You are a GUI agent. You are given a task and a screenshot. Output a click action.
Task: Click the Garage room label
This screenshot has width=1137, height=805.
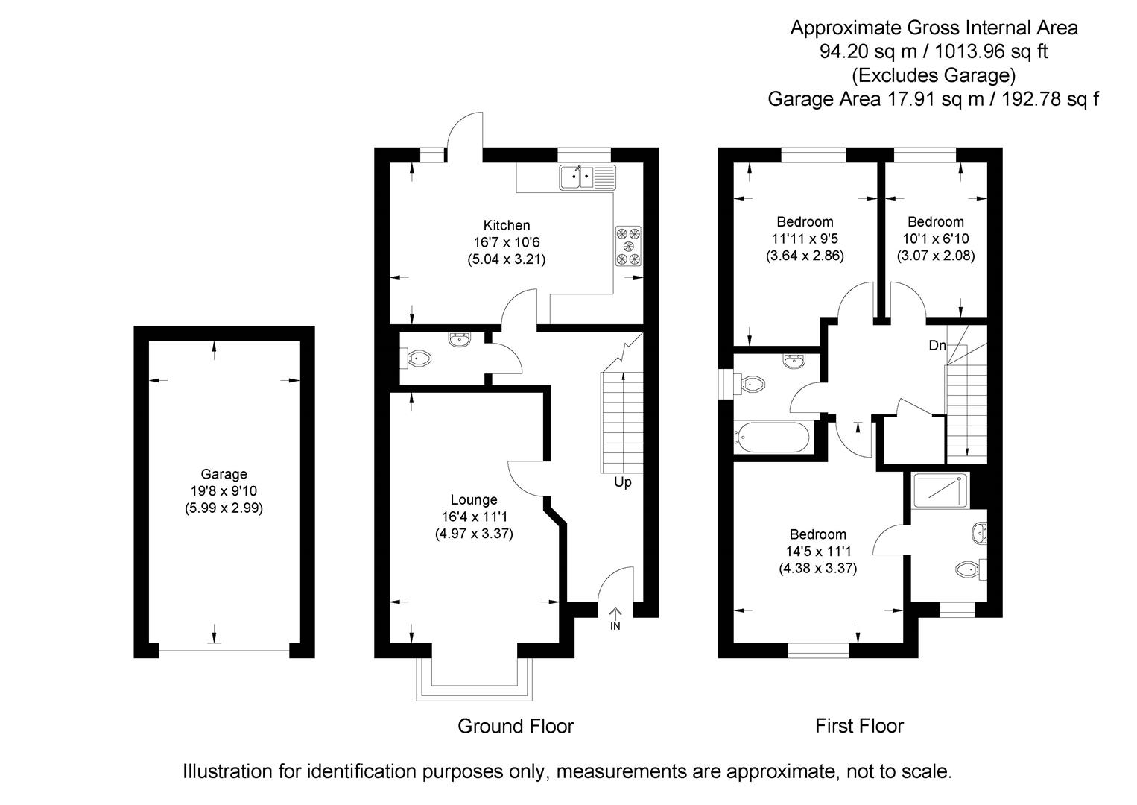tap(224, 474)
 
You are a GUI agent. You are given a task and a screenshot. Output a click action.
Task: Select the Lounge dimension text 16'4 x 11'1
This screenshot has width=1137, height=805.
tap(473, 517)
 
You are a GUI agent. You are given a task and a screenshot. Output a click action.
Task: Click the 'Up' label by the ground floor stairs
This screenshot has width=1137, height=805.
tap(622, 482)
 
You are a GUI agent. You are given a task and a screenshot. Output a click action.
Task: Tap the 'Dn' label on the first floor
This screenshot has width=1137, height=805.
tap(937, 346)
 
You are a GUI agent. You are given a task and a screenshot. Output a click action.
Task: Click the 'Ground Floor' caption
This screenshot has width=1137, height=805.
tap(516, 726)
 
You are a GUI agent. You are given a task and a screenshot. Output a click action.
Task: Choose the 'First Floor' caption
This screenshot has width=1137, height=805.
tap(859, 726)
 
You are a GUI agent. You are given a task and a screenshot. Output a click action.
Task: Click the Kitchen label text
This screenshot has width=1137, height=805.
tap(507, 225)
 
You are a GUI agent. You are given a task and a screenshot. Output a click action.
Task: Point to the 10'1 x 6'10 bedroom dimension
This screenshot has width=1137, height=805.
tap(935, 239)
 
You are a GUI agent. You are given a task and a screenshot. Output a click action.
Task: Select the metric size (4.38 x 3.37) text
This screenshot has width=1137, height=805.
tap(818, 568)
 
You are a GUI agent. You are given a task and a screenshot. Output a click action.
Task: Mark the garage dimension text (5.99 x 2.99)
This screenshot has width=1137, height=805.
tap(224, 508)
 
